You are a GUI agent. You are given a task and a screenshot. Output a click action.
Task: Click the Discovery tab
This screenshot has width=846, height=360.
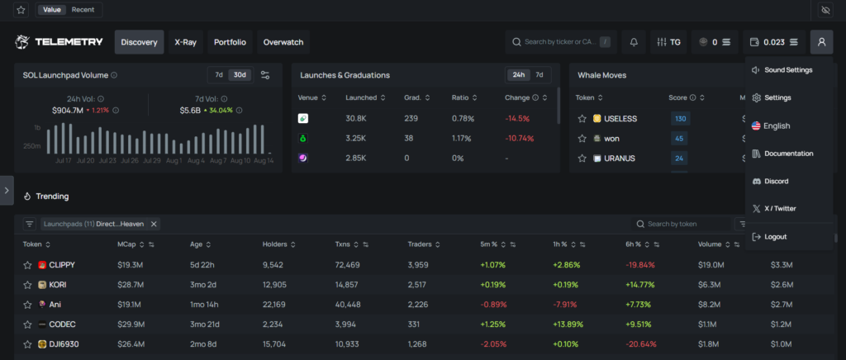coord(139,42)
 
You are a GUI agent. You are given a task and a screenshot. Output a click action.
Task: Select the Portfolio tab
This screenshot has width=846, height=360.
coord(230,42)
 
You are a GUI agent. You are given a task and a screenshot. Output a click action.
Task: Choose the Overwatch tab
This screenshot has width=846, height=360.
coord(283,42)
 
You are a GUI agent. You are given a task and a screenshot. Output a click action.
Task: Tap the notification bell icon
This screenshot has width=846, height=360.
coord(634,42)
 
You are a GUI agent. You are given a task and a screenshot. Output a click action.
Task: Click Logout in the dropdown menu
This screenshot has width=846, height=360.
coord(775,237)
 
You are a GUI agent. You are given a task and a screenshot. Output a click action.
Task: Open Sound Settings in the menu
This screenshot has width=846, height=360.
coord(787,70)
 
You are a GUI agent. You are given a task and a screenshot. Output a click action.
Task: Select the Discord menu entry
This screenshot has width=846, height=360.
coord(776,181)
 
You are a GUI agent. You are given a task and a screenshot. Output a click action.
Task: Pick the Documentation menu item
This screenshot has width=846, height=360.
coord(788,154)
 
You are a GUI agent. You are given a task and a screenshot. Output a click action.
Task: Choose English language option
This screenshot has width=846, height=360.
coord(777,126)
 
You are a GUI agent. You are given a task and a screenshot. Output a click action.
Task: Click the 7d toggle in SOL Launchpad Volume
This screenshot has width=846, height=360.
coord(219,75)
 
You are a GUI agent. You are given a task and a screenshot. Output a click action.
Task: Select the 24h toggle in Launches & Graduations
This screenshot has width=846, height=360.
coord(518,75)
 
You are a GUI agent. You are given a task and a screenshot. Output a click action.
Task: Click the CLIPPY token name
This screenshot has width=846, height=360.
coord(63,265)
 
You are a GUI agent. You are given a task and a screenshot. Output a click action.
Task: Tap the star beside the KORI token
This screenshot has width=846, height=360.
coord(27,285)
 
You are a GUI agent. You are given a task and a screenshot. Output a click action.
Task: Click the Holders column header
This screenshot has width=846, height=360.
coord(274,244)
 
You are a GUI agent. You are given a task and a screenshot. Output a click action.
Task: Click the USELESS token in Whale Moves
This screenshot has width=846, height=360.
coord(620,119)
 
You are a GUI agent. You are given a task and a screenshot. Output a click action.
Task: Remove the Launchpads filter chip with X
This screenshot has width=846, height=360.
coord(154,224)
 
